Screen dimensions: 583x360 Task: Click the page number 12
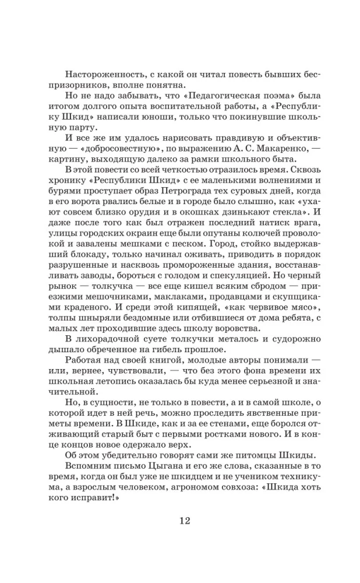coord(180,520)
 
